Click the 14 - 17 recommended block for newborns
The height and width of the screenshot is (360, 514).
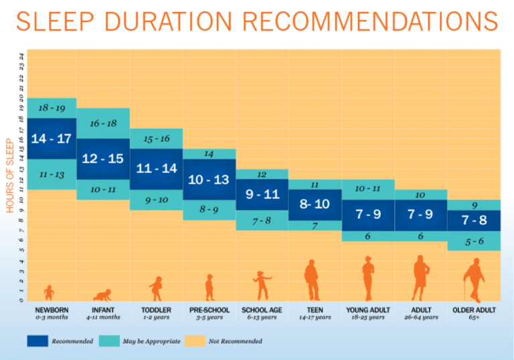pyautogui.click(x=52, y=139)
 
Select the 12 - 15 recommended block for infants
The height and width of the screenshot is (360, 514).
pyautogui.click(x=102, y=159)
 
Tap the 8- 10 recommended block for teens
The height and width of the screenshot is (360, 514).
pyautogui.click(x=315, y=204)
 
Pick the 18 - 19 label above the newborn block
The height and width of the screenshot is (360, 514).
pyautogui.click(x=52, y=107)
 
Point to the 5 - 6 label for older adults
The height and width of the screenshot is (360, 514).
pyautogui.click(x=474, y=242)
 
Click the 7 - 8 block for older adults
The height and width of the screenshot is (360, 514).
pyautogui.click(x=474, y=220)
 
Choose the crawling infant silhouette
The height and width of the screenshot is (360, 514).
pyautogui.click(x=102, y=295)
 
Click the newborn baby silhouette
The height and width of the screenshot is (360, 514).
pyautogui.click(x=49, y=292)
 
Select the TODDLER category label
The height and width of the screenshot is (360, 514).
pyautogui.click(x=155, y=310)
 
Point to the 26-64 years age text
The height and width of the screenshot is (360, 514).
pyautogui.click(x=420, y=318)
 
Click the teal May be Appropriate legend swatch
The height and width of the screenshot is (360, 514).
pyautogui.click(x=109, y=341)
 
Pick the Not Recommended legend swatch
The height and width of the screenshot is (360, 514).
pyautogui.click(x=193, y=341)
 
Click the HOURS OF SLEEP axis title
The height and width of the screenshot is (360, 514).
pyautogui.click(x=10, y=176)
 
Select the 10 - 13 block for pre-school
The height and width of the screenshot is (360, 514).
pyautogui.click(x=208, y=179)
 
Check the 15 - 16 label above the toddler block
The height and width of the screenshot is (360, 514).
pyautogui.click(x=156, y=139)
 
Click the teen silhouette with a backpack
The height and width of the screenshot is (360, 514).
pyautogui.click(x=312, y=280)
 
